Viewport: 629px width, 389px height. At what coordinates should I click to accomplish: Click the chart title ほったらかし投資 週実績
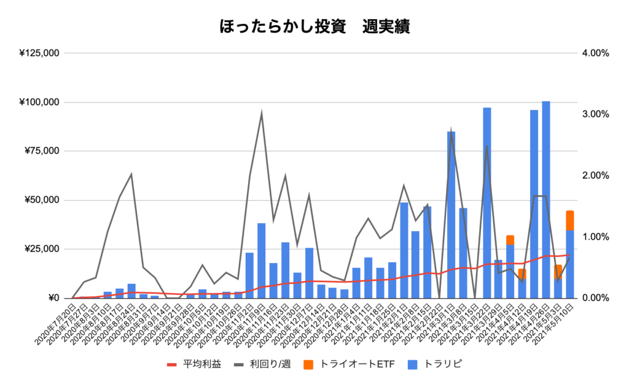(x=314, y=26)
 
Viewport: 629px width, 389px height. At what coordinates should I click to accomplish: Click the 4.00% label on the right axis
(x=594, y=53)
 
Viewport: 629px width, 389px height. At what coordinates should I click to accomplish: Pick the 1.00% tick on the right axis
(x=594, y=237)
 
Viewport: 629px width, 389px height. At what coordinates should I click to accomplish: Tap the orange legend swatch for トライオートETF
(x=309, y=364)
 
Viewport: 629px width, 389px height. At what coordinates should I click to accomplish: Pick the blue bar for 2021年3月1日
(x=451, y=215)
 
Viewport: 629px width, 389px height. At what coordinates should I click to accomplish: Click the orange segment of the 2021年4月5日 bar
(x=510, y=240)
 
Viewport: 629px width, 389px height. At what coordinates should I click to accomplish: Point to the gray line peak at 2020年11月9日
(x=262, y=113)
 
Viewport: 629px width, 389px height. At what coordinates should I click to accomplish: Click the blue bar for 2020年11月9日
(x=262, y=261)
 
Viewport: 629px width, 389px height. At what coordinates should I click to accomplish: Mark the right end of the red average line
(x=570, y=255)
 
